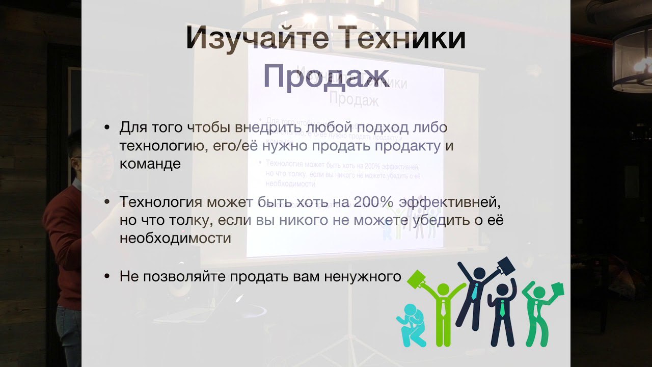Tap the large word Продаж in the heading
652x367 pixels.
[326, 76]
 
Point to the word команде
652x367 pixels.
[150, 164]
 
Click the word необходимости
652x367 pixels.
[176, 238]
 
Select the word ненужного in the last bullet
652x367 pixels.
[363, 276]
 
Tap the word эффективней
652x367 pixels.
[450, 202]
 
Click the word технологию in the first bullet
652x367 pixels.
[164, 146]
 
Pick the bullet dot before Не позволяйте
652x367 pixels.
[107, 276]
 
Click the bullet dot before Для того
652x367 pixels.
[107, 127]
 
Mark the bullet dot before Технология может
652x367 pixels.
[107, 201]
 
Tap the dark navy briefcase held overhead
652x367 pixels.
[506, 266]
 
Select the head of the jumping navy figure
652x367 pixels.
[479, 274]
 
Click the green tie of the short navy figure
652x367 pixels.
[502, 309]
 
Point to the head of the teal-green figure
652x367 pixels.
[539, 293]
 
